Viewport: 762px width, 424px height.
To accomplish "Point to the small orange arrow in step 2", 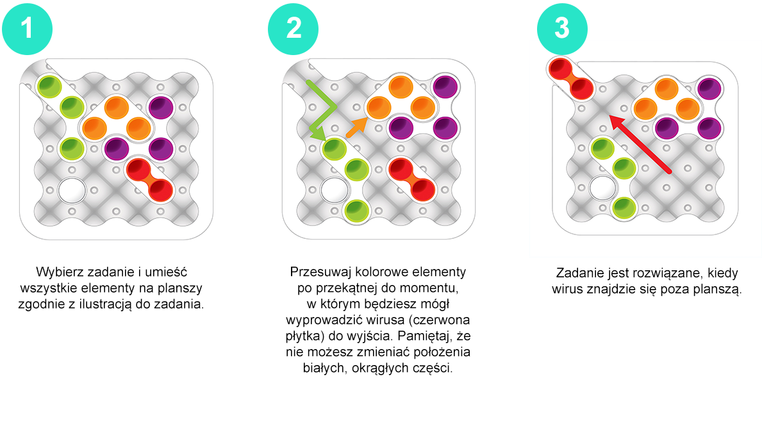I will tap(356, 127).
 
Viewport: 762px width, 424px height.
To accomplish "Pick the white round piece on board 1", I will tap(72, 191).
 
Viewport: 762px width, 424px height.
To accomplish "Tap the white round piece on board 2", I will tap(335, 191).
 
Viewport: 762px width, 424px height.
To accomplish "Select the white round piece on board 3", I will tap(602, 188).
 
